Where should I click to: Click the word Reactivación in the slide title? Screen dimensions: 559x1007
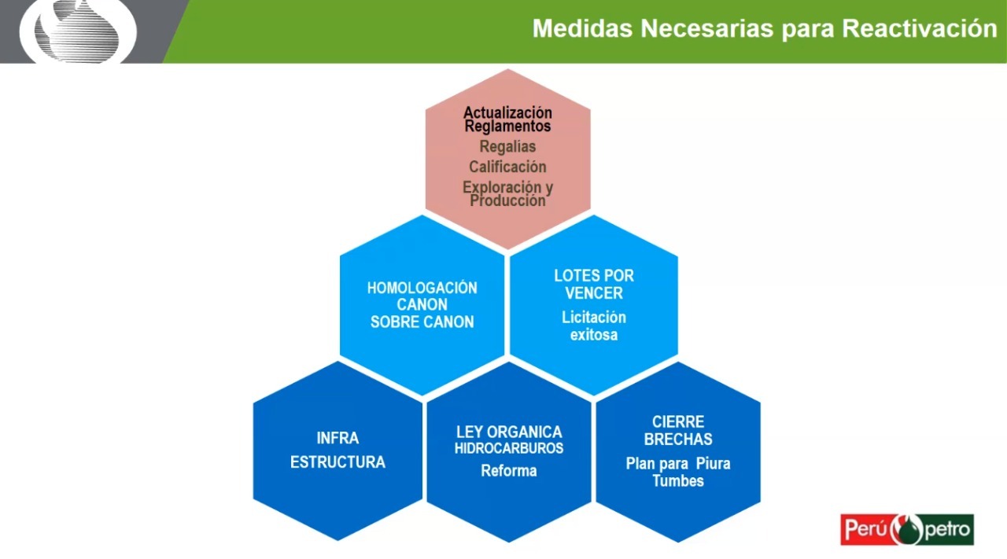[x=919, y=28]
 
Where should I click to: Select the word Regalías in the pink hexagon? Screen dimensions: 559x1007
[x=507, y=146]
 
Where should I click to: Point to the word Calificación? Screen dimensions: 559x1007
[x=507, y=167]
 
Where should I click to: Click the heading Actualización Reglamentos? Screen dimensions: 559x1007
[x=507, y=120]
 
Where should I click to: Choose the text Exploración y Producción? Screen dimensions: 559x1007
[x=507, y=194]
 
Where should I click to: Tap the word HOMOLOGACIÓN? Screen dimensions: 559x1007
[x=422, y=288]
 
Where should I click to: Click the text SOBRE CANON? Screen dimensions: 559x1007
[x=422, y=322]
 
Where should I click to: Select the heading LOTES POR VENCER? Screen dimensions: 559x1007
[x=594, y=285]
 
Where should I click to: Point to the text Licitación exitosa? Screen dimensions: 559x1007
[x=594, y=326]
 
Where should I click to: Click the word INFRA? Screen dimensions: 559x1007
[x=338, y=438]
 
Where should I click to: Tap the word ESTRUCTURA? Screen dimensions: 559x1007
[x=338, y=462]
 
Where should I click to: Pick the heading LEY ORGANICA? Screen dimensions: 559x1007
[x=509, y=432]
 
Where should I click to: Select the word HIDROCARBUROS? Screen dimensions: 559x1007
[x=509, y=448]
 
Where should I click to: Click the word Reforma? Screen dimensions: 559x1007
[x=509, y=471]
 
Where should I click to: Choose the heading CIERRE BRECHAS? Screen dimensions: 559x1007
[x=678, y=431]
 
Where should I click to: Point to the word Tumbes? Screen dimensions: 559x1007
[x=678, y=480]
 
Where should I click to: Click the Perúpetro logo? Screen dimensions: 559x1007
[x=907, y=529]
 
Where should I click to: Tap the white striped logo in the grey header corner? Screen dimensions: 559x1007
[x=79, y=31]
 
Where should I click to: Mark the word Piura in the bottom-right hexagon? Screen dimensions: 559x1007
[x=714, y=463]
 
